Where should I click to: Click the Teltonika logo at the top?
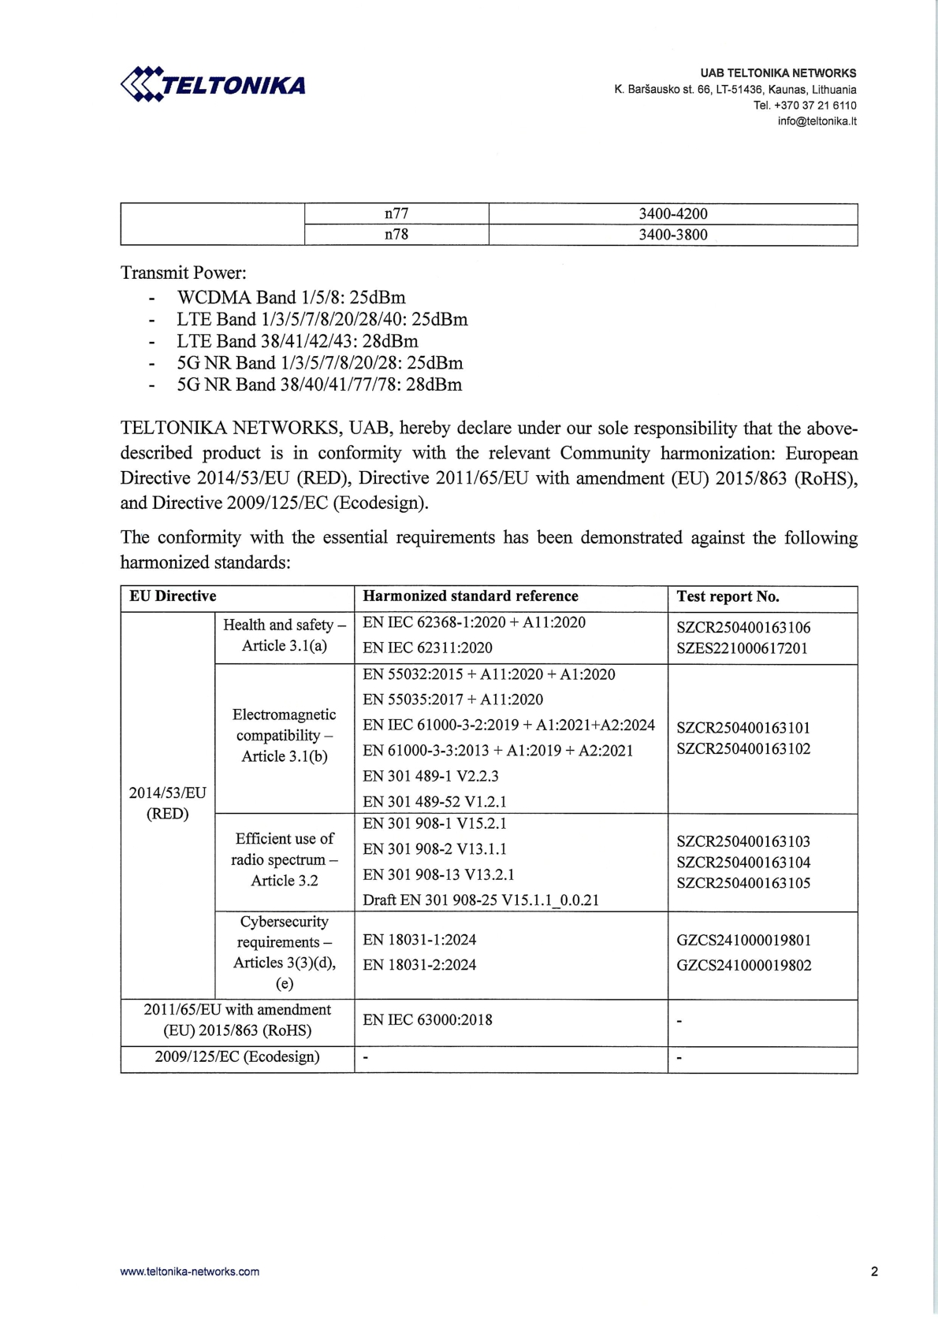point(213,84)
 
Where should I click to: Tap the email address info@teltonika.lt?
point(817,121)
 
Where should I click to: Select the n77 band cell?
point(396,213)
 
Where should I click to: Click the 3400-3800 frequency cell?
point(672,235)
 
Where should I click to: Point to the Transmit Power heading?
point(184,273)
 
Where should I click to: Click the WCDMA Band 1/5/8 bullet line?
point(291,298)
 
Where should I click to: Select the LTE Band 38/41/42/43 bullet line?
point(297,341)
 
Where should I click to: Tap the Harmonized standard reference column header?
point(471,596)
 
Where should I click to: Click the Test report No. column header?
point(728,596)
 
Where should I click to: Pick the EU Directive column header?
point(173,596)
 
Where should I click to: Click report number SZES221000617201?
point(742,648)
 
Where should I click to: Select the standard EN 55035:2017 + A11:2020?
point(452,700)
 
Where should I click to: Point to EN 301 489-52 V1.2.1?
point(434,802)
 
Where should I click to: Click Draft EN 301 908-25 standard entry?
point(481,900)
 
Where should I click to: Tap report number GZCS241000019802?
point(743,965)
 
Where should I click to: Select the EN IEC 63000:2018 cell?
point(427,1020)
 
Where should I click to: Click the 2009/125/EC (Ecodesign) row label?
point(237,1056)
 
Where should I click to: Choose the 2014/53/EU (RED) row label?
point(168,803)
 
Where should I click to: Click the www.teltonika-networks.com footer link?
point(190,1271)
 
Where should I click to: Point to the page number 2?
point(874,1271)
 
